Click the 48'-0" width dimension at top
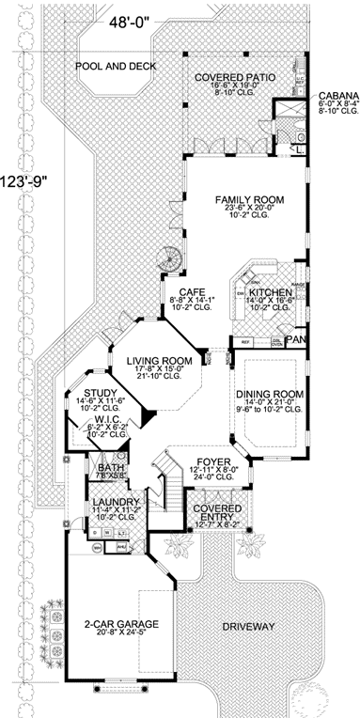134,19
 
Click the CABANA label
336,96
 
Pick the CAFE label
185,292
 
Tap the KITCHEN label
271,293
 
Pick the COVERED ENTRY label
215,512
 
